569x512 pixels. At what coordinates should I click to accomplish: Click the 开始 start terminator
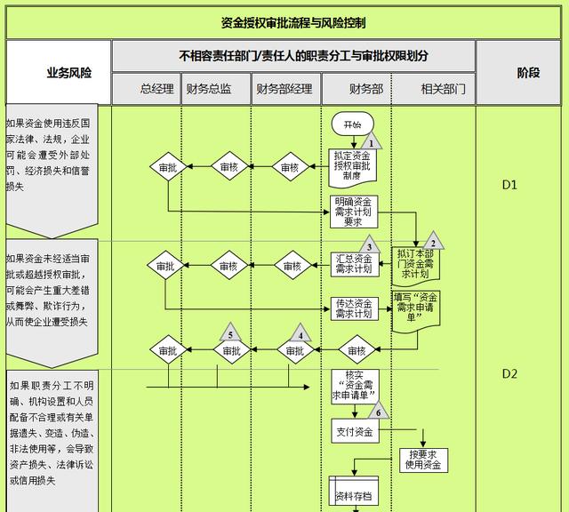pos(352,125)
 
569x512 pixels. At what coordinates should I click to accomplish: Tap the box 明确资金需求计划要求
pos(352,212)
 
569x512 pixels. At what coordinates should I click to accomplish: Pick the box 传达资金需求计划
pos(352,308)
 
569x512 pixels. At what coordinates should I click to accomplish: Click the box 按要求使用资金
pos(422,460)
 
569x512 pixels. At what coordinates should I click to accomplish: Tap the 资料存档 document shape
pos(352,494)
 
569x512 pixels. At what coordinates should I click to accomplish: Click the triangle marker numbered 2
pos(433,240)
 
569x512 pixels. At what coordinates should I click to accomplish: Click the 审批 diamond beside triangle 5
pos(231,350)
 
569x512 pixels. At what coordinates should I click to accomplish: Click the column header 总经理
pos(157,89)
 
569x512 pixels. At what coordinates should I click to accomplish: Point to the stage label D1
pos(509,186)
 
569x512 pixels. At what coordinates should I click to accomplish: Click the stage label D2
pos(509,373)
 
